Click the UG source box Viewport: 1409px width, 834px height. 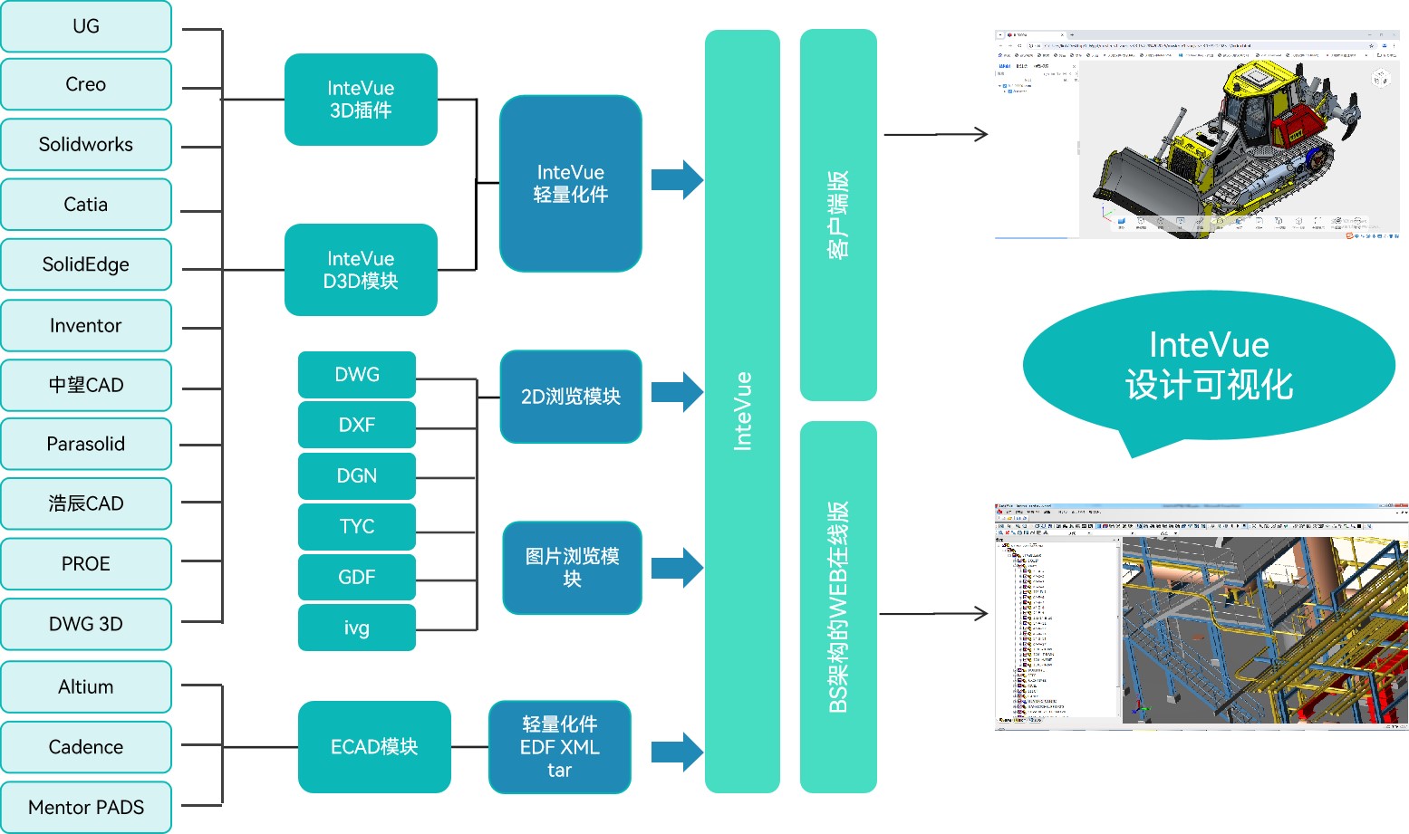(86, 26)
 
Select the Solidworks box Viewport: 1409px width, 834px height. (86, 144)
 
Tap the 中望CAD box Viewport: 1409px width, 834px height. (86, 385)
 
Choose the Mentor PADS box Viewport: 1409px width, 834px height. (86, 807)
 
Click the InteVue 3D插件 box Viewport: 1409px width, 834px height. (361, 100)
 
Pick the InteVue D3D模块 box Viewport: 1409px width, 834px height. (361, 270)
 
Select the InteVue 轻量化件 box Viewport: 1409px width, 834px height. (571, 183)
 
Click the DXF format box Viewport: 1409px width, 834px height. (357, 425)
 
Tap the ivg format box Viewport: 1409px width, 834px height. (357, 628)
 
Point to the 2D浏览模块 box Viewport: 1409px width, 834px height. (571, 397)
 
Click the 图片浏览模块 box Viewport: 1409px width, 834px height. (572, 568)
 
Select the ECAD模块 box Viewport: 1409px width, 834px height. (374, 747)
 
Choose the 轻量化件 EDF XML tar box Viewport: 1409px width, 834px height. (560, 747)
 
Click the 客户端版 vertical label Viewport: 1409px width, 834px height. (838, 215)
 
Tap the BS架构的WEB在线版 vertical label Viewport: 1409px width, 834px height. (838, 607)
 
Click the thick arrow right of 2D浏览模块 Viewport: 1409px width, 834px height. (677, 392)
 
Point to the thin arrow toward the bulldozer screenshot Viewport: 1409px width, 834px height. (935, 135)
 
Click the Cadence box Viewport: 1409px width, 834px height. (86, 747)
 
